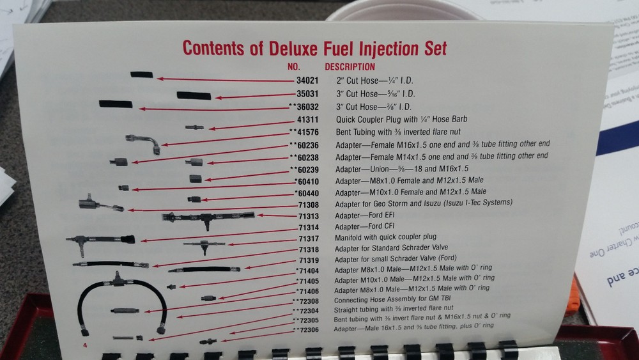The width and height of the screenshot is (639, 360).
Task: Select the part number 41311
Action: [x=310, y=119]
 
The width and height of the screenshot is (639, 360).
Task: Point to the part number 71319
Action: [x=311, y=260]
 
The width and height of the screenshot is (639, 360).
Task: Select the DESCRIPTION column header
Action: [x=350, y=67]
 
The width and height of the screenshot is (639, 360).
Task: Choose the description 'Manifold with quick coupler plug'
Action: [x=391, y=238]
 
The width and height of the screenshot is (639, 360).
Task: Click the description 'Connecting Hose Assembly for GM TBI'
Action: [x=389, y=300]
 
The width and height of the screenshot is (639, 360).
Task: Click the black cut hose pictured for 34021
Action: [x=141, y=75]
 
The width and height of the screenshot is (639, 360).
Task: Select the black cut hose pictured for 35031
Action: [x=194, y=95]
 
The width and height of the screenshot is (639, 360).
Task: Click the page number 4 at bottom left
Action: [x=84, y=345]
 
